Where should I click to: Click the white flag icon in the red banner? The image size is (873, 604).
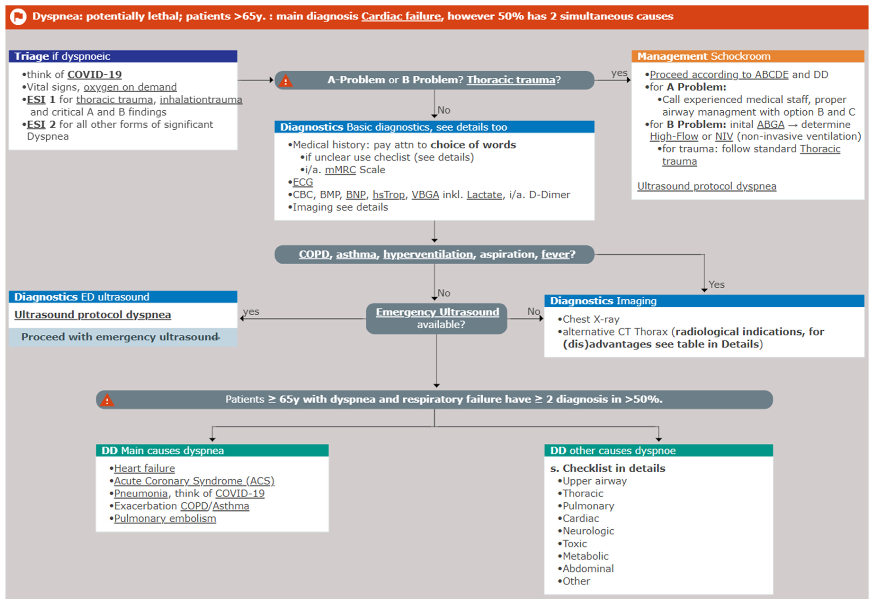coord(18,17)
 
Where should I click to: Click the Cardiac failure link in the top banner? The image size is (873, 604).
coord(401,16)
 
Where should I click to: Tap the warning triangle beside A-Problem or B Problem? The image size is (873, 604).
coord(285,81)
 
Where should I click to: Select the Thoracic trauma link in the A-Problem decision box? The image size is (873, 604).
coord(511,80)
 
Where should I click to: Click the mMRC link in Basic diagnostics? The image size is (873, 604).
coord(340,170)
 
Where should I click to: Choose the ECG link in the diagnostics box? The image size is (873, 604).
coord(303,182)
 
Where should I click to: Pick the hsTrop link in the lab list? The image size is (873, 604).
coord(388,195)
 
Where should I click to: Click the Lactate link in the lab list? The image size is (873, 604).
coord(484,195)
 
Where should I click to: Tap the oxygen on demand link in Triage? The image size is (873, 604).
coord(130,87)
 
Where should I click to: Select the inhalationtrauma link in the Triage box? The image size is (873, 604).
coord(201,100)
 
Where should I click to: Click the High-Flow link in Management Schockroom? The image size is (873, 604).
coord(674,137)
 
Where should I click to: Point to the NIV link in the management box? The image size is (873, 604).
coord(724,137)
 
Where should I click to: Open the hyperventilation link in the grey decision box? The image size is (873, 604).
coord(428,254)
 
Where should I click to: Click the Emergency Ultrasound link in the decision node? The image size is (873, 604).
coord(437,312)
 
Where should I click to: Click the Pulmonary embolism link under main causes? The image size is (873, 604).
coord(165,519)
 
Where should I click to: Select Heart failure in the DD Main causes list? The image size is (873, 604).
coord(144,469)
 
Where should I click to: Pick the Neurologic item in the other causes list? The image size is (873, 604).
coord(588,531)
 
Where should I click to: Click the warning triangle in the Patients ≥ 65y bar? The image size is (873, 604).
coord(107,400)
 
